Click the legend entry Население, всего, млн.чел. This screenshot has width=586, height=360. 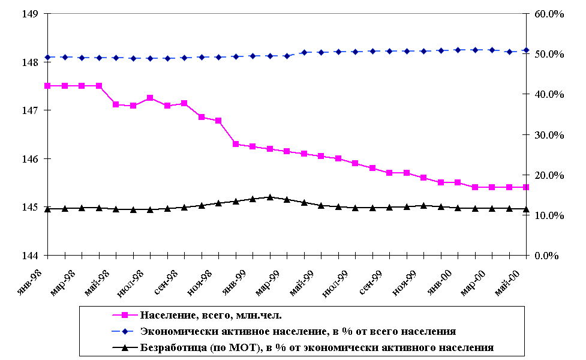(211, 314)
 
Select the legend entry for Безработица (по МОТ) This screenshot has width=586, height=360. (316, 347)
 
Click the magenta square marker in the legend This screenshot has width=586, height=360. (124, 314)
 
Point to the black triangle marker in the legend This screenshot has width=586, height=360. (124, 346)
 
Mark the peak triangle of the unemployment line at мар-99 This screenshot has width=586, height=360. (270, 197)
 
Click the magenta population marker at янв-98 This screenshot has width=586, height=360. (47, 86)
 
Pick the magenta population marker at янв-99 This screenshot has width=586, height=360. (236, 144)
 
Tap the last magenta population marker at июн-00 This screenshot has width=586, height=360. (526, 187)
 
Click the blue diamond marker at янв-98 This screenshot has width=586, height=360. (47, 57)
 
